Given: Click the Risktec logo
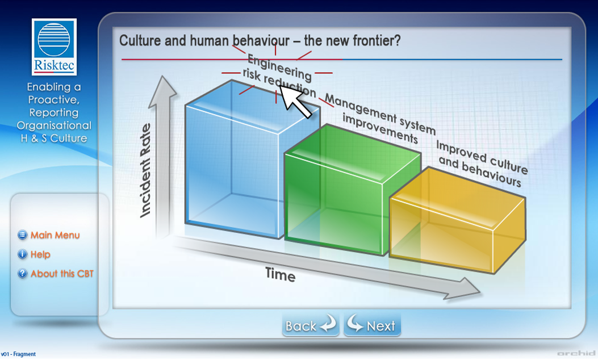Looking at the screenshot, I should click(55, 47).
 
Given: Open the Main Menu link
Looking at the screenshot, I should click(55, 235).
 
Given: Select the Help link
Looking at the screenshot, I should click(40, 254).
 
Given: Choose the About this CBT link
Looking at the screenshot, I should click(61, 274).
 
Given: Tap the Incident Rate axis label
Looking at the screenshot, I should click(146, 170).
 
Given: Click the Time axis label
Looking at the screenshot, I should click(281, 275).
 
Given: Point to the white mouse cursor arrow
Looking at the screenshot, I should click(295, 102).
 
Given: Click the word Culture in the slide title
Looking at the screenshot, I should click(137, 41).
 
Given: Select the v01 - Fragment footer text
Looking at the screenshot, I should click(18, 354).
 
